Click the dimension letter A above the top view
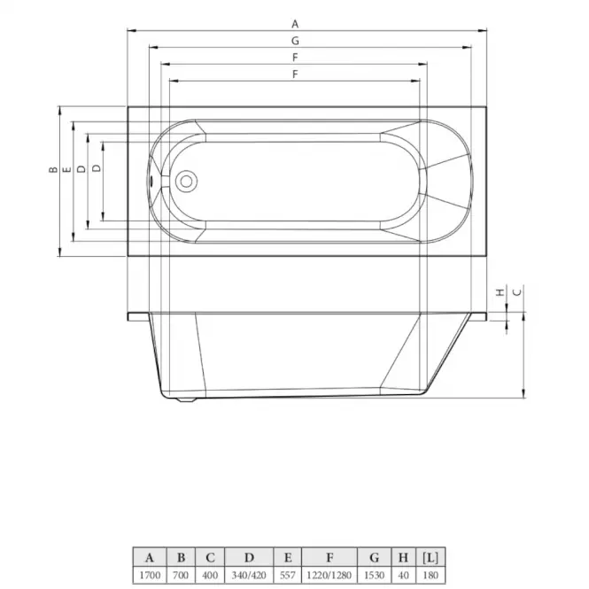point(295,24)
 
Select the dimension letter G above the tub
point(295,41)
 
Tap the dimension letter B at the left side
point(54,170)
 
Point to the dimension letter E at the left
point(66,170)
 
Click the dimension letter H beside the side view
point(500,292)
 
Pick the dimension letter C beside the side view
point(517,292)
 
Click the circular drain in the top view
point(186,182)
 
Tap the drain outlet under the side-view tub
point(186,399)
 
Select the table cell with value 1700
point(150,575)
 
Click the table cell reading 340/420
point(249,575)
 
